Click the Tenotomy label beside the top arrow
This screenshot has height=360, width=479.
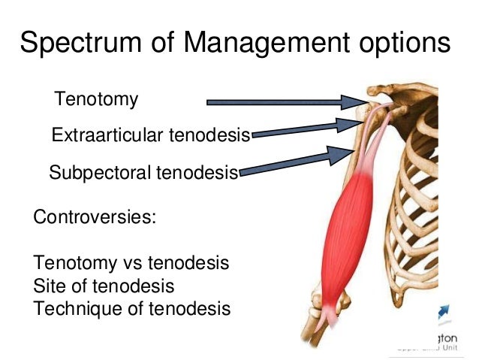pyautogui.click(x=97, y=99)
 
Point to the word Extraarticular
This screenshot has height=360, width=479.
pyautogui.click(x=108, y=136)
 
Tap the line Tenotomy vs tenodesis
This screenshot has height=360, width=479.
pyautogui.click(x=131, y=264)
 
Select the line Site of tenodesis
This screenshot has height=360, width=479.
pyautogui.click(x=104, y=286)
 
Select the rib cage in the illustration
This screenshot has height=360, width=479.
pyautogui.click(x=420, y=195)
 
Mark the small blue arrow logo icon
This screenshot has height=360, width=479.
pyautogui.click(x=441, y=311)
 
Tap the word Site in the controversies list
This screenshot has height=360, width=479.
pyautogui.click(x=48, y=286)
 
